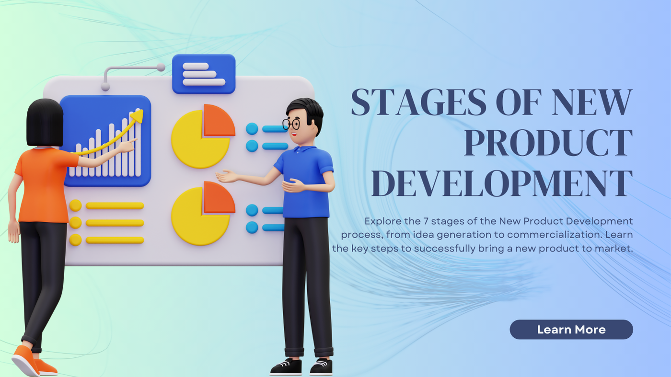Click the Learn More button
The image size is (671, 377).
(571, 330)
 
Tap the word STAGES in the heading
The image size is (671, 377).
(419, 102)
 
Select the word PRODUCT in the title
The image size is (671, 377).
(548, 143)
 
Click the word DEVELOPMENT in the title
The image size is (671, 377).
(502, 183)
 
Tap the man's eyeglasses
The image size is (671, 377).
(291, 124)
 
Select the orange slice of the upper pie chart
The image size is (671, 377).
(219, 120)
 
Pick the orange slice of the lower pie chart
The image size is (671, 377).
(219, 198)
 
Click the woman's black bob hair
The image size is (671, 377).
(45, 123)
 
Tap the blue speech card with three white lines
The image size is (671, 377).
(204, 74)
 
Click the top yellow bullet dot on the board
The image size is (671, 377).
(75, 206)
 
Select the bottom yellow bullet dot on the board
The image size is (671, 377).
(75, 240)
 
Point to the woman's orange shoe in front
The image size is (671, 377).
(25, 361)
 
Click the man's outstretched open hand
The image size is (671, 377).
(226, 176)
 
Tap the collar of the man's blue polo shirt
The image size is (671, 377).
(303, 149)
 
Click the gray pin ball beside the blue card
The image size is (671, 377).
(161, 68)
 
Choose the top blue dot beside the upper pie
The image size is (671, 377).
(252, 129)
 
